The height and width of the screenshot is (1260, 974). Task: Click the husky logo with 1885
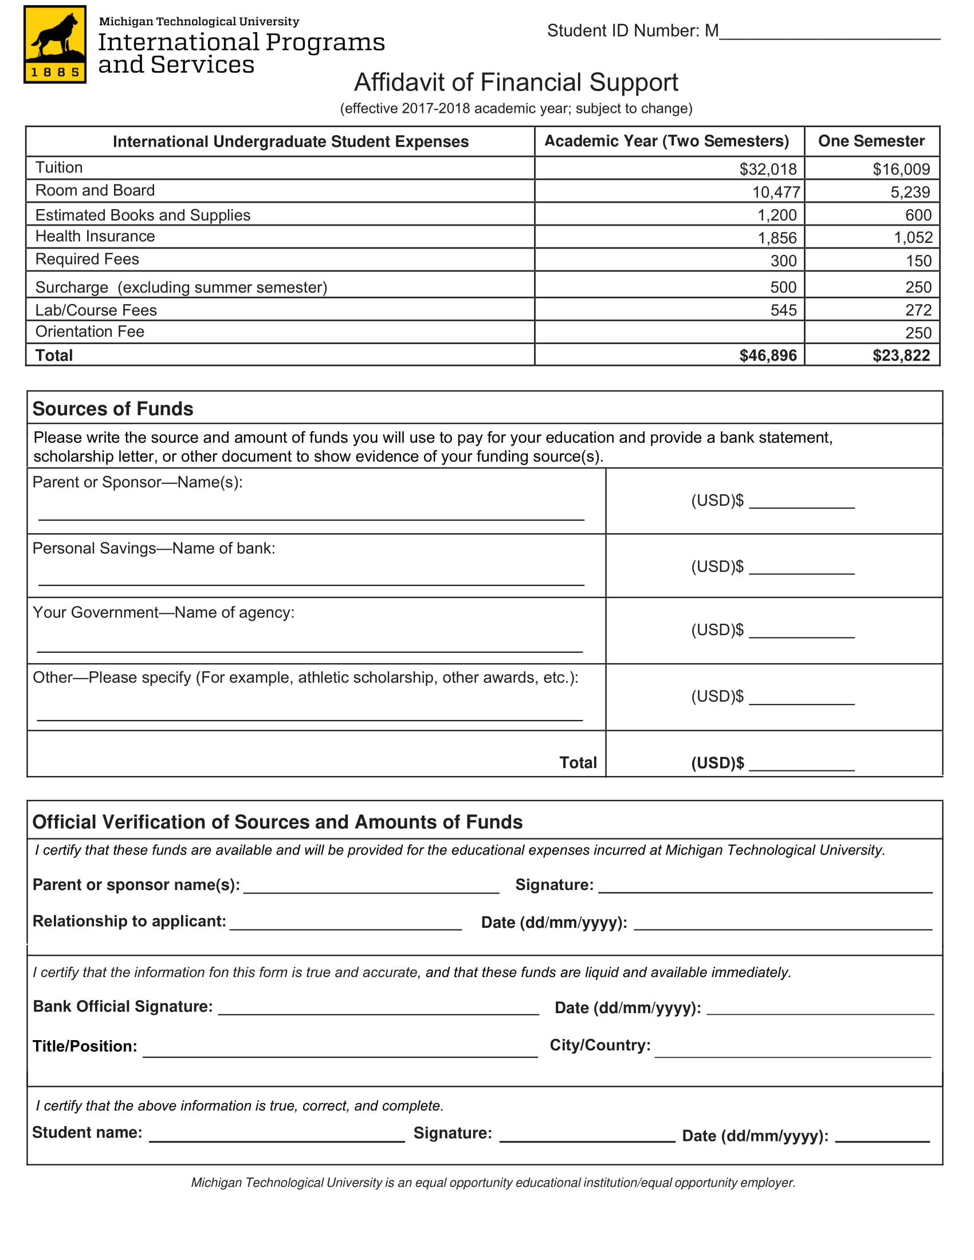pos(55,44)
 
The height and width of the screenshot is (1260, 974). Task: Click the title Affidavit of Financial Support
pos(516,82)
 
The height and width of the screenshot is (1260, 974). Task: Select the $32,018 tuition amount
pos(767,169)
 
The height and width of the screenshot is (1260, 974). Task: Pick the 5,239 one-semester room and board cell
pos(910,192)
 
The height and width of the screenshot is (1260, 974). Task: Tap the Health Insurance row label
pos(95,236)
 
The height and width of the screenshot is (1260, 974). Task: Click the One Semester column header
pos(871,141)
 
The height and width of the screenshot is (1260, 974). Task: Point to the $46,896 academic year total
pos(767,356)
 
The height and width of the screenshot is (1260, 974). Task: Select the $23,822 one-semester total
pos(901,356)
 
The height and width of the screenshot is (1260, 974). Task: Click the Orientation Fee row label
pos(89,332)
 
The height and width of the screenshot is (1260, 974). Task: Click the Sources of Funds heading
pos(112,408)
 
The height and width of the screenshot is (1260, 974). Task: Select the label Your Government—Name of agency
pos(163,612)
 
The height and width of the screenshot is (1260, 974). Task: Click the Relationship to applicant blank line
pos(345,926)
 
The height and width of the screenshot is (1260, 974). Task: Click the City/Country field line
pos(792,1053)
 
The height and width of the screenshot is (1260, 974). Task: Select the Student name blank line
pos(276,1137)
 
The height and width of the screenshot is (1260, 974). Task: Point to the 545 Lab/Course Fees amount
pos(783,310)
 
